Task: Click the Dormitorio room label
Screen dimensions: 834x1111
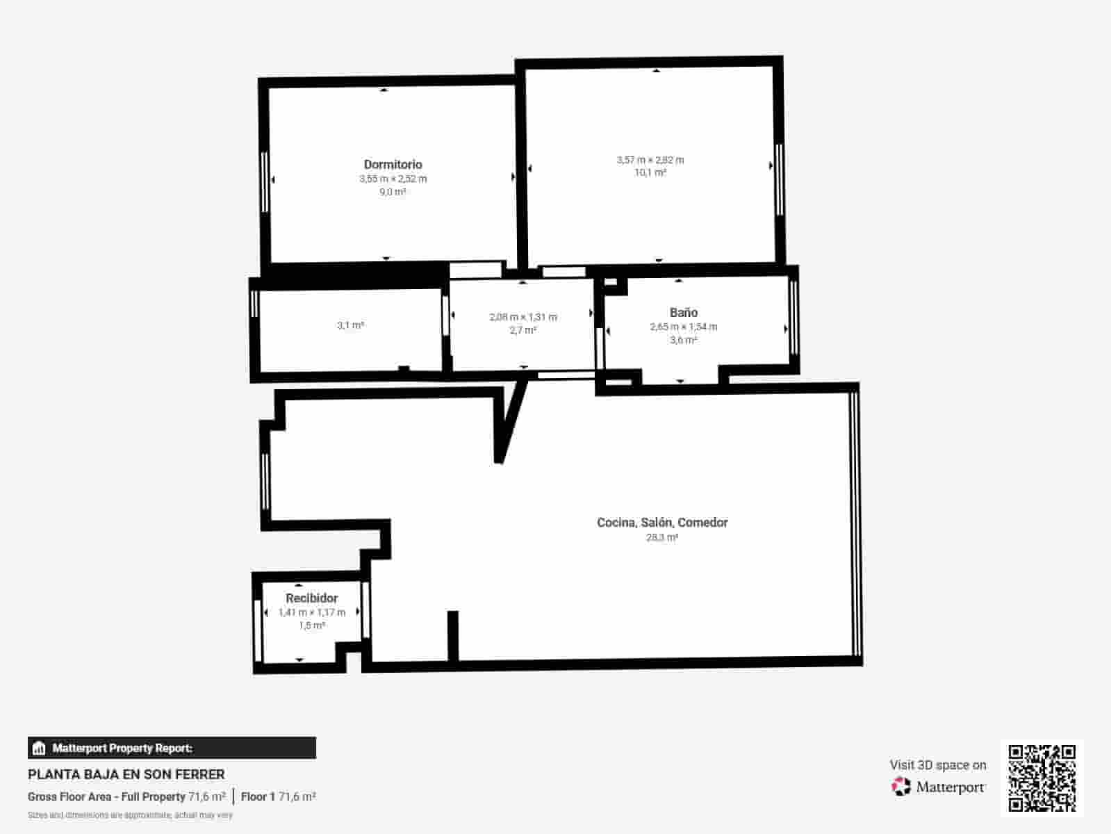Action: click(393, 165)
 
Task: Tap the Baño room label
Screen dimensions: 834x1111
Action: click(684, 313)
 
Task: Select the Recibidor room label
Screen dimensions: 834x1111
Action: click(312, 598)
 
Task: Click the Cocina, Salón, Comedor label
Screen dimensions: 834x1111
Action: click(662, 523)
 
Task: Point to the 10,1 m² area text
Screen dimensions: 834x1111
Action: click(650, 172)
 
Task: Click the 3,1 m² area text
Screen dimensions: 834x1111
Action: click(350, 325)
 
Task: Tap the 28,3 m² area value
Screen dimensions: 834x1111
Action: click(662, 537)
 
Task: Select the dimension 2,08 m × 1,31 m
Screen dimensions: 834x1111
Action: click(523, 317)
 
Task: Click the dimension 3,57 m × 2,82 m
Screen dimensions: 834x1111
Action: click(650, 160)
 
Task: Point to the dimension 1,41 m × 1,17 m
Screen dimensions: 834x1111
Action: click(312, 612)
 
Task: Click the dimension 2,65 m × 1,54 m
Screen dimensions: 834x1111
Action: click(684, 327)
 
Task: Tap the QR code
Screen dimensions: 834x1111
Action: click(1042, 778)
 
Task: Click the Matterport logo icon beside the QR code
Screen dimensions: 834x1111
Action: click(901, 787)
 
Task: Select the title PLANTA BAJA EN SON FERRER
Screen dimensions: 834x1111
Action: click(126, 774)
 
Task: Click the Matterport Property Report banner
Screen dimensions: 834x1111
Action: click(172, 748)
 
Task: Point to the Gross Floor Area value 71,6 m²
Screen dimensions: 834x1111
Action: click(207, 796)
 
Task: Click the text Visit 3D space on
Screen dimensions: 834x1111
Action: click(938, 764)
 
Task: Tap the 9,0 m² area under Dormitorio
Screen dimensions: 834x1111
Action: click(393, 192)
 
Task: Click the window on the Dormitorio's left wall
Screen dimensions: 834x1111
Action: click(264, 181)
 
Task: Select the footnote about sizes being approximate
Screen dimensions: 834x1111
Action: click(130, 815)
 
